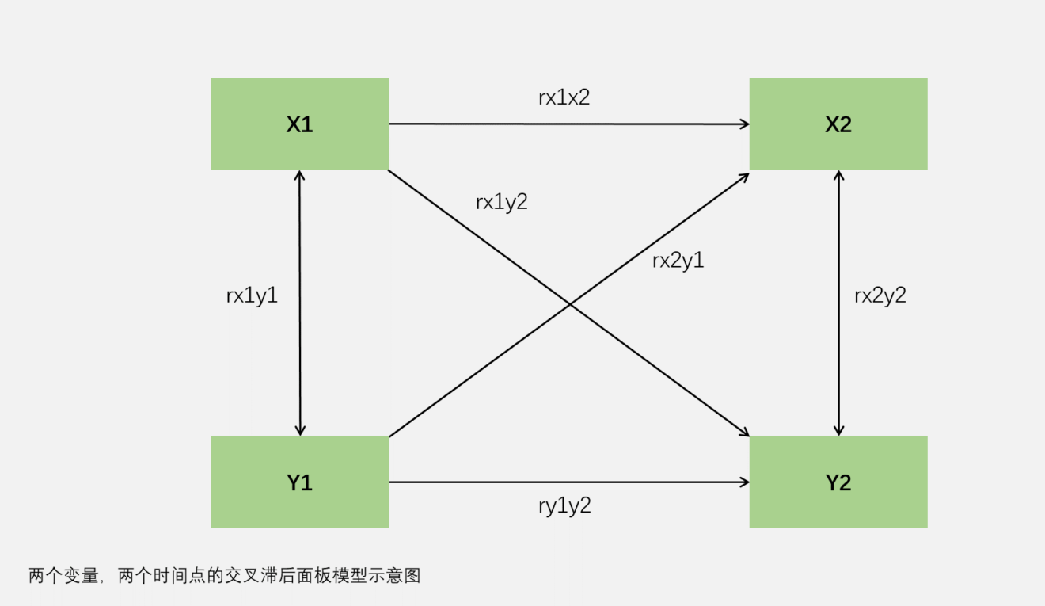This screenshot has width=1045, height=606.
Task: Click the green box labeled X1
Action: tap(299, 124)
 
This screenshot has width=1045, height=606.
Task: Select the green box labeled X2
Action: tap(838, 124)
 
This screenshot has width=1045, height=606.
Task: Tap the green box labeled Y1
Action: tap(299, 482)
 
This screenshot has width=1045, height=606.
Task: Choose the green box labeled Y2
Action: tap(838, 482)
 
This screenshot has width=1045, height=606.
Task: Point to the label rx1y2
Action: tap(501, 202)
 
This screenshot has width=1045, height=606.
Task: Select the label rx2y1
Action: tap(678, 261)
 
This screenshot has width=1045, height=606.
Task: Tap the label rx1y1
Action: tap(252, 295)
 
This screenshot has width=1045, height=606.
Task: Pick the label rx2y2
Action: tap(880, 295)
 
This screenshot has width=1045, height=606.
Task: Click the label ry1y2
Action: tap(564, 505)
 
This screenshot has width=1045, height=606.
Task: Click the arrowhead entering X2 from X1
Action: tap(744, 124)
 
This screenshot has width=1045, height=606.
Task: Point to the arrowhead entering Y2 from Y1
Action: tap(744, 482)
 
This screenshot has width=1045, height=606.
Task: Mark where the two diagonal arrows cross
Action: tap(569, 303)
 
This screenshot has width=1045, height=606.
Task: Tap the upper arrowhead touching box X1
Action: tap(299, 175)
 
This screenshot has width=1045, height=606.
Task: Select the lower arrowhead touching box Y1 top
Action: tap(299, 430)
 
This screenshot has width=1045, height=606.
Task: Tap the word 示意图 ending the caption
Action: tap(398, 576)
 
